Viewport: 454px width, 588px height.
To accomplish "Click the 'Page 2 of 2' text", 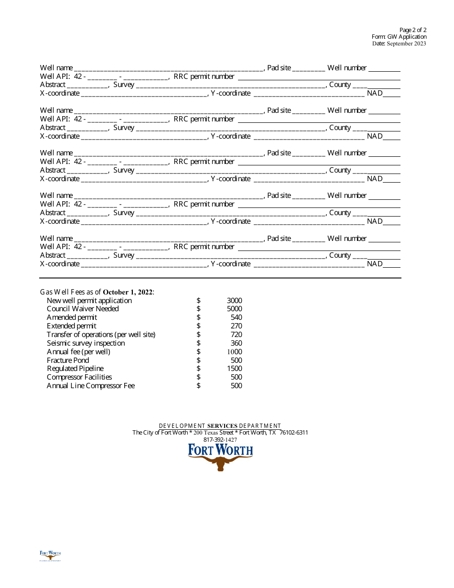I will [413, 30].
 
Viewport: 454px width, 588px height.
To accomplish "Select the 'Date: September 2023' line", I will [399, 44].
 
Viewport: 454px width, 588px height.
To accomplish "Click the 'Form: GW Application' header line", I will [399, 37].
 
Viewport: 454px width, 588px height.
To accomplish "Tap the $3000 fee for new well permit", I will [234, 301].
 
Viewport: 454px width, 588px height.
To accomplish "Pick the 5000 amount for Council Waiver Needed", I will [234, 309].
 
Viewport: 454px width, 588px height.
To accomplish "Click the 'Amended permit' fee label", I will [72, 317].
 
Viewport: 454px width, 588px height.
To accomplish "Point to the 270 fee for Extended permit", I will [236, 326].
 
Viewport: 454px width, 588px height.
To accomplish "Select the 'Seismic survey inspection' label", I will [86, 343].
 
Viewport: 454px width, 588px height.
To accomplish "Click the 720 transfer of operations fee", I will [236, 335].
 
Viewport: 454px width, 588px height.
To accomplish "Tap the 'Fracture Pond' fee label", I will [68, 360].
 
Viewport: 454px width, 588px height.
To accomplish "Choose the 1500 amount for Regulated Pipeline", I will [234, 369].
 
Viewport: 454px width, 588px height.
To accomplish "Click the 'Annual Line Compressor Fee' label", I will [91, 386].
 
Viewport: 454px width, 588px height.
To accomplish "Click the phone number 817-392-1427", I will [220, 440].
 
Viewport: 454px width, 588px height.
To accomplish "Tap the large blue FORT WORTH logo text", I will [220, 450].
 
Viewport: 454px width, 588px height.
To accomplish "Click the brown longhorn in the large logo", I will [220, 462].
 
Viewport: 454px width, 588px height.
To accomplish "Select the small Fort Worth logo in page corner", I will [50, 555].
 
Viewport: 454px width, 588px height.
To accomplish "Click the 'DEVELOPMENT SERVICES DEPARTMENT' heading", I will [220, 426].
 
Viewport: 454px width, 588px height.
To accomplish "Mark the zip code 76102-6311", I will [293, 433].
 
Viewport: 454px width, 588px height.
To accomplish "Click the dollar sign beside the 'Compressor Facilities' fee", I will [198, 377].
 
